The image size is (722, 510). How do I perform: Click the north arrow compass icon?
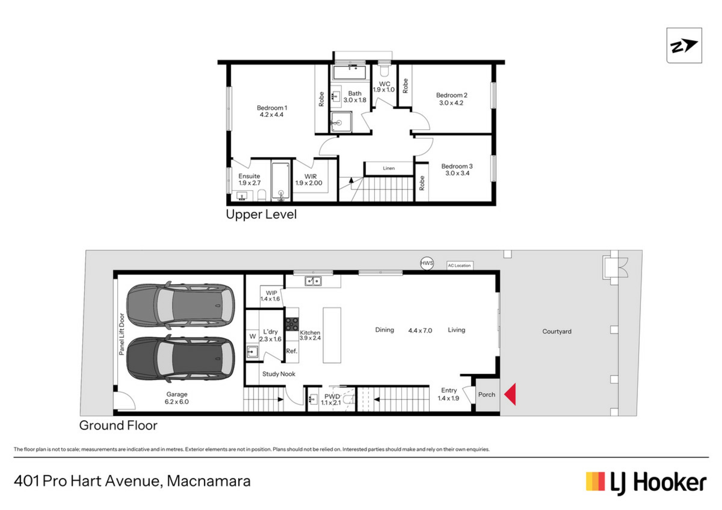coord(684,46)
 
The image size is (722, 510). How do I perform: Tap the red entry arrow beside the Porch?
coord(510,394)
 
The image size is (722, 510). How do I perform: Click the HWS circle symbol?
coord(427,263)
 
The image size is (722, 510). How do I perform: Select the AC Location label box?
coord(460,266)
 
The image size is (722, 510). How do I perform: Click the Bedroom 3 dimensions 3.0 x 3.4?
coord(457,173)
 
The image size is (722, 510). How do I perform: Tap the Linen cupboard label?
coord(389,168)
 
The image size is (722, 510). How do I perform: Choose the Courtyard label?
coord(557,331)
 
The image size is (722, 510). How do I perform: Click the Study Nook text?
coord(279,374)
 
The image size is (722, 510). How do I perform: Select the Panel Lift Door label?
coord(121,334)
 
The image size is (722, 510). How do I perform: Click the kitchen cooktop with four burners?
coord(292,324)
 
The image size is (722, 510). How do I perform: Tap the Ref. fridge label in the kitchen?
coord(292,351)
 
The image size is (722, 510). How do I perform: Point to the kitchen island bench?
coord(332,335)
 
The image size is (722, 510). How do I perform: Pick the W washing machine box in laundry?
coord(252,336)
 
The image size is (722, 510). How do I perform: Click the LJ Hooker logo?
coord(646,483)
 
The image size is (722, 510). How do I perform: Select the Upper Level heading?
coord(261,214)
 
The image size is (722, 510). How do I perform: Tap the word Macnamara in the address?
coord(209,481)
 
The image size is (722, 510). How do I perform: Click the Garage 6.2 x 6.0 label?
coord(177,398)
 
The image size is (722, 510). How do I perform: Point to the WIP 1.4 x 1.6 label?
coord(270,296)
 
